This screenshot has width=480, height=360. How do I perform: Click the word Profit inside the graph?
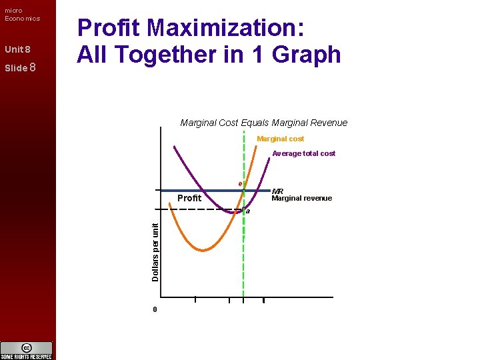point(189,198)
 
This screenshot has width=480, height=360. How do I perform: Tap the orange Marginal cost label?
point(280,139)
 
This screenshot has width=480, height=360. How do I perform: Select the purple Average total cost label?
point(303,153)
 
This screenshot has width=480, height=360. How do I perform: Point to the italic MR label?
point(277,191)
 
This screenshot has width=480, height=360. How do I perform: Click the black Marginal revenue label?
point(301,198)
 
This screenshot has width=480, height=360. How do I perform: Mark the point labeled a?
point(248,211)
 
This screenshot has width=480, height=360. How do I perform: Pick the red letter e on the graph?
point(241,184)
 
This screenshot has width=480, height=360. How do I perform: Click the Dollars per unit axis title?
point(155,251)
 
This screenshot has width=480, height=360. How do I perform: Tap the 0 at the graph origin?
point(155,309)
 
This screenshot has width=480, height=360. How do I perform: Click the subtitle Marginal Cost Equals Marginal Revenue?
point(263,123)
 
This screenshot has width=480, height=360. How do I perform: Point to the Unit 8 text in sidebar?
point(17,50)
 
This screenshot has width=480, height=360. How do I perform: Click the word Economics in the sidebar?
point(22,19)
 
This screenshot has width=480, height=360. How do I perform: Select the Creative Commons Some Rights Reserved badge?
point(26,351)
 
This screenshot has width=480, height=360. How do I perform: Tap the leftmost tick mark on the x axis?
point(195,299)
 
